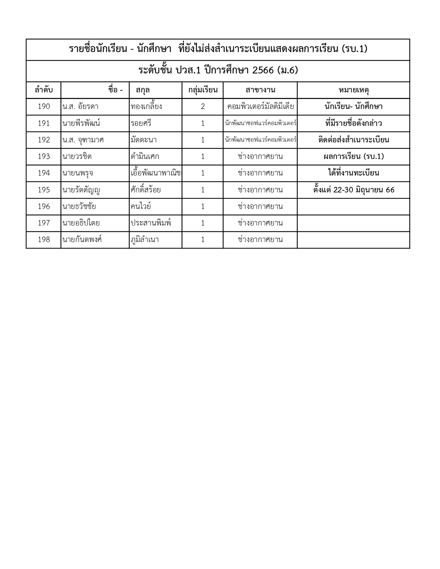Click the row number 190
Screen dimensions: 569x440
44,107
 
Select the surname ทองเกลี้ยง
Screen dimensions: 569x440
146,107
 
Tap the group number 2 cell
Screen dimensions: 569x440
203,107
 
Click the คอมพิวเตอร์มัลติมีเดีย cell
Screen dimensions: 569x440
260,107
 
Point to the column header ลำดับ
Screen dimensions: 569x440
44,90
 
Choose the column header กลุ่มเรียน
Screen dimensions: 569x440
203,90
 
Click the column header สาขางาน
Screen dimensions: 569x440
260,90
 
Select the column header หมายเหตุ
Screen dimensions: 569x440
353,90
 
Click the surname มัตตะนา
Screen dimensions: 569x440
144,140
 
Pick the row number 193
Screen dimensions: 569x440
44,157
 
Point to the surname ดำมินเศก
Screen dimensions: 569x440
145,157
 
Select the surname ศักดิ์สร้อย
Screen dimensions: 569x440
146,190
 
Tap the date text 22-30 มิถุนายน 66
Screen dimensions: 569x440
364,190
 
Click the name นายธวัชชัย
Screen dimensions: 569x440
79,207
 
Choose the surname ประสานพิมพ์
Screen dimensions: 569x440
151,223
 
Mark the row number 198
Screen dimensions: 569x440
44,240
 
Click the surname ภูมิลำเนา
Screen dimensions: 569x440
145,240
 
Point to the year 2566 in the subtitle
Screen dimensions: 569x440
263,70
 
